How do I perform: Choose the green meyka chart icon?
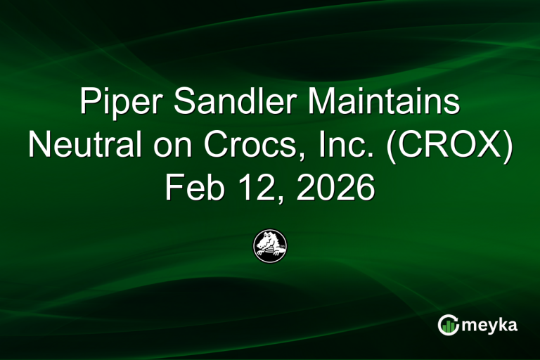[449, 325]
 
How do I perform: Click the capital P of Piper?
[89, 103]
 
